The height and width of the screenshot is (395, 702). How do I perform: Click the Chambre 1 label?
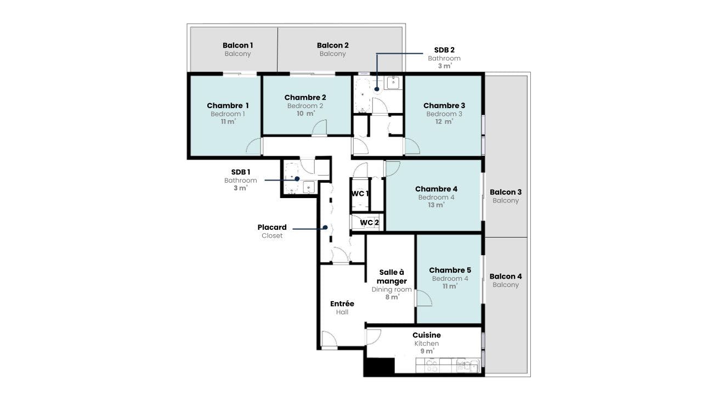tap(228, 105)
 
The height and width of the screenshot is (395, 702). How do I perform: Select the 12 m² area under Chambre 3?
tap(444, 122)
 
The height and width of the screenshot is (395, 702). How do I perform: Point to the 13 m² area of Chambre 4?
tap(436, 205)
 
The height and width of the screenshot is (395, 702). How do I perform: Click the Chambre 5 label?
tap(450, 270)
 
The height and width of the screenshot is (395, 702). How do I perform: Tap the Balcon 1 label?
tap(237, 45)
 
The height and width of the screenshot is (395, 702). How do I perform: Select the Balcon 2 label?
tap(332, 45)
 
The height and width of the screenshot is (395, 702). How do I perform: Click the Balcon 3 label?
tap(505, 192)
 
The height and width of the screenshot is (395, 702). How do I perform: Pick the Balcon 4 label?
tap(505, 276)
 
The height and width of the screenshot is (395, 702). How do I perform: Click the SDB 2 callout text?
tap(444, 49)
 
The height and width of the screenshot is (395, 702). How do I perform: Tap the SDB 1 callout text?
tap(240, 172)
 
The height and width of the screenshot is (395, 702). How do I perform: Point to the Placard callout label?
tap(272, 227)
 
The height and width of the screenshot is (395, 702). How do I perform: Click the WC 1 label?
tap(360, 194)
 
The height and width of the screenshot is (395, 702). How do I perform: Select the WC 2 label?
tap(369, 222)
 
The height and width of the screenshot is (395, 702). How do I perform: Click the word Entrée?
tap(342, 303)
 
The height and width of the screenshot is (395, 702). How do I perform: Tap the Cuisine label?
tap(426, 335)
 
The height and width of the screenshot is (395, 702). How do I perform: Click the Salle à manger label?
tap(392, 276)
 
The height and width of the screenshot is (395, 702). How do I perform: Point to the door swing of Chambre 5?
tap(424, 299)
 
